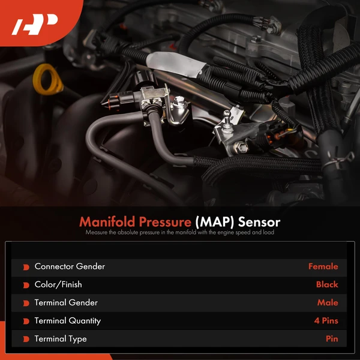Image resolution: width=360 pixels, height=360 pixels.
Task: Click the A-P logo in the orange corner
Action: tap(35, 26)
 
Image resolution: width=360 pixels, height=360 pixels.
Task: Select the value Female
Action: tap(323, 266)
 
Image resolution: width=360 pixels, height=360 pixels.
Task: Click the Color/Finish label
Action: tap(58, 284)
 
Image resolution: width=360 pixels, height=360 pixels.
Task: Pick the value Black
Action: tap(327, 284)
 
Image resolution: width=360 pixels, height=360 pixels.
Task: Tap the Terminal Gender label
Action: tap(66, 303)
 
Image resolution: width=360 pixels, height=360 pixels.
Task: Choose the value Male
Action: tap(328, 303)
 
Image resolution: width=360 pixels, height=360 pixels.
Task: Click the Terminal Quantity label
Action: tap(68, 321)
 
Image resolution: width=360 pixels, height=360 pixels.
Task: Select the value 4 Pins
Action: tap(326, 321)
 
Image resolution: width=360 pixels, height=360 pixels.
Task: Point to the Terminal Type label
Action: tap(61, 339)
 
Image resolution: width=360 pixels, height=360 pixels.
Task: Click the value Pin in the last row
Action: tap(332, 339)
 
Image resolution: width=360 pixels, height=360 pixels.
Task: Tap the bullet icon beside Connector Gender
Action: tap(26, 267)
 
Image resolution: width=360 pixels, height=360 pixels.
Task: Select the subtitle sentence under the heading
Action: tap(179, 233)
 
